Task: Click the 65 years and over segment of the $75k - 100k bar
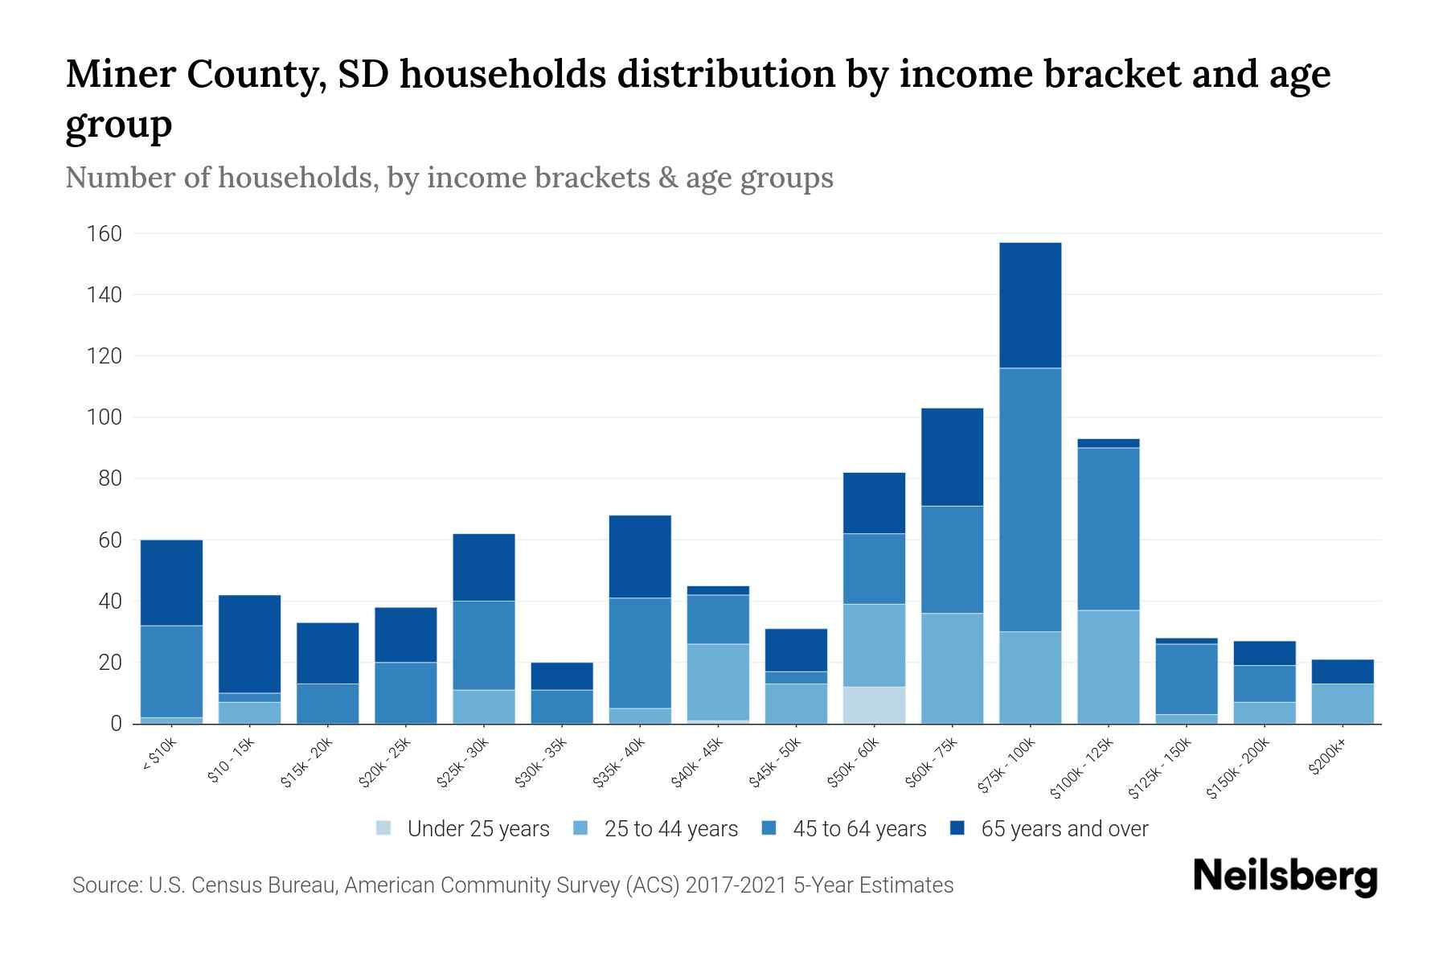tap(1030, 305)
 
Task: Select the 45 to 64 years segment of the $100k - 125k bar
tap(1108, 528)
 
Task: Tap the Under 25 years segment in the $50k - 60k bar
tap(874, 705)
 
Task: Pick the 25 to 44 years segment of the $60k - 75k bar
tap(952, 668)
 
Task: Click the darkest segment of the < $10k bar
tap(171, 582)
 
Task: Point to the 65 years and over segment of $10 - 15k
tap(249, 643)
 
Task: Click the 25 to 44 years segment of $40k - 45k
tap(718, 681)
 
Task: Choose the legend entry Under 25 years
tap(478, 829)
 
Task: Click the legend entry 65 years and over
tap(1064, 829)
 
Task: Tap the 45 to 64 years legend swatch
tap(769, 828)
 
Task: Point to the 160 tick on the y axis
tap(105, 234)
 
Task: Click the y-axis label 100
tap(105, 417)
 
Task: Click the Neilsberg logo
tap(1285, 877)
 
